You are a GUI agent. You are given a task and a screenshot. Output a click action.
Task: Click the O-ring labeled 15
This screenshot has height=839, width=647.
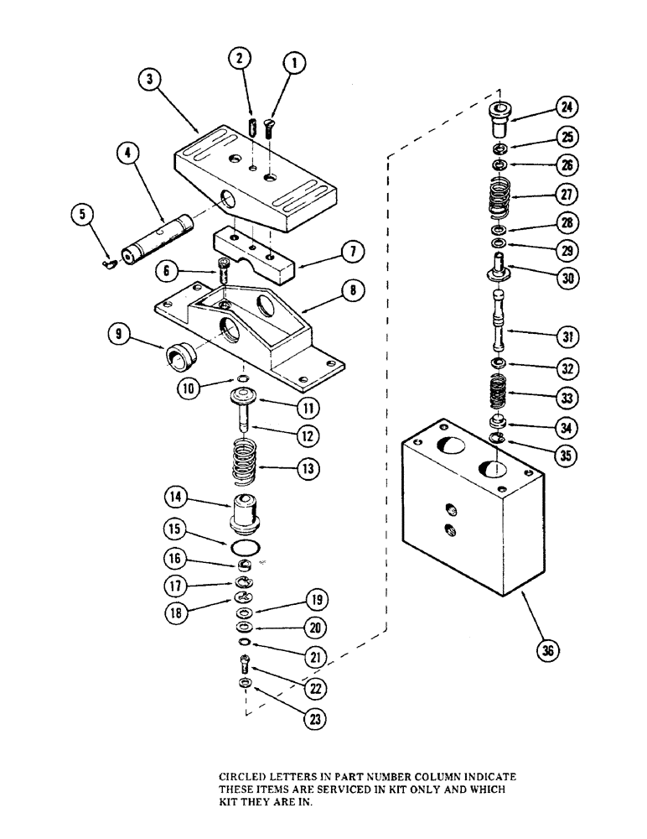(x=243, y=549)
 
